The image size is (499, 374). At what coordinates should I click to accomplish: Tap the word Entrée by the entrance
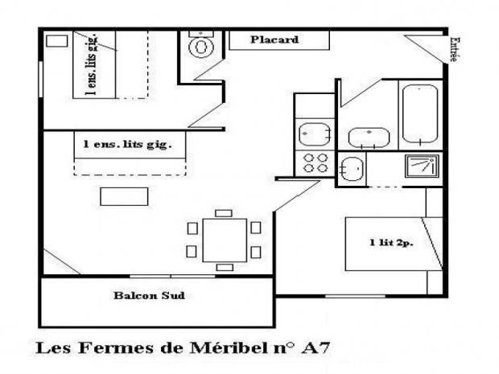[455, 49]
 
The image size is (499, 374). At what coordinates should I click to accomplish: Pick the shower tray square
[422, 166]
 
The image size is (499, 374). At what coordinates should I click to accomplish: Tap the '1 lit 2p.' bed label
[386, 242]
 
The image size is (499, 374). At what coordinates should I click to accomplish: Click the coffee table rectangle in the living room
[124, 196]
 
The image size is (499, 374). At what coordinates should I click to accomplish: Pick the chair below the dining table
[225, 266]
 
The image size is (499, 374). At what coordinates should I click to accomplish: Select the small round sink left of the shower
[352, 169]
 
